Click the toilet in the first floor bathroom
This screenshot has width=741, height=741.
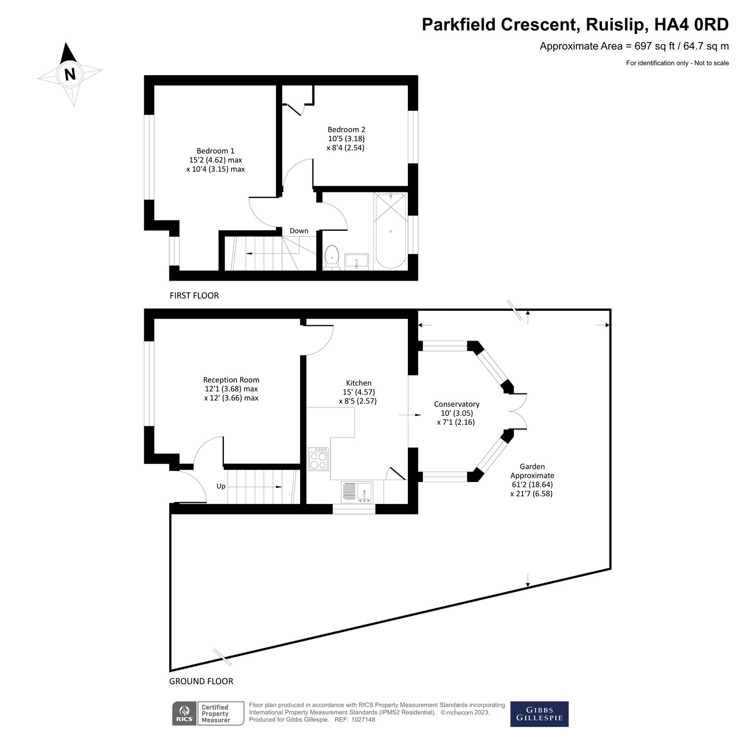[x=332, y=256]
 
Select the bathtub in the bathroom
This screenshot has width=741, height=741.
[x=391, y=231]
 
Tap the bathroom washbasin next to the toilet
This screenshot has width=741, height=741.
[x=356, y=261]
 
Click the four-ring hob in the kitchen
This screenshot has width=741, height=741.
[x=319, y=459]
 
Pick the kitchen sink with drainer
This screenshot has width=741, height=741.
[x=357, y=492]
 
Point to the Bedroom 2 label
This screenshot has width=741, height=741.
[x=346, y=129]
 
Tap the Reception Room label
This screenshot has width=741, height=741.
[x=231, y=380]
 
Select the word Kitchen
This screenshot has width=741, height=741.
[x=359, y=383]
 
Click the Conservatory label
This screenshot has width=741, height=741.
[x=456, y=404]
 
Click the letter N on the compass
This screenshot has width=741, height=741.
[x=69, y=74]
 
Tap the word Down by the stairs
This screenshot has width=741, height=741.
[x=299, y=231]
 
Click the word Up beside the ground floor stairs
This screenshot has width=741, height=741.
[x=221, y=486]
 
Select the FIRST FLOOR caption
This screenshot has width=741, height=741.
[x=194, y=295]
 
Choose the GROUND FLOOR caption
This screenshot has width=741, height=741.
[x=201, y=681]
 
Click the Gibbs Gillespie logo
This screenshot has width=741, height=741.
[x=539, y=714]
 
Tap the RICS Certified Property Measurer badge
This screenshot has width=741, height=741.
[x=208, y=713]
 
